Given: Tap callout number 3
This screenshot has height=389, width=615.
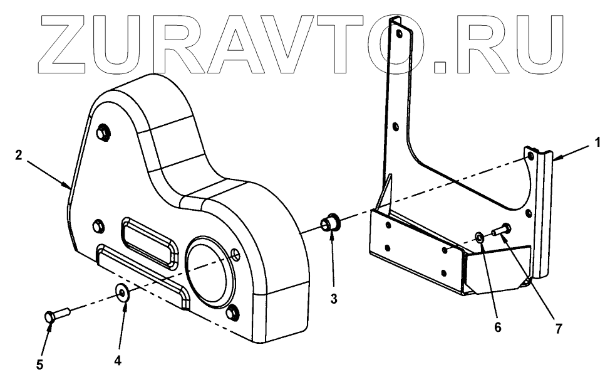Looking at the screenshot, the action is tap(334, 299).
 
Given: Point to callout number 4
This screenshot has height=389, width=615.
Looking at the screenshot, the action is tap(117, 361).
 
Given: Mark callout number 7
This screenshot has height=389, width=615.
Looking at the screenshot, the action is tap(557, 328).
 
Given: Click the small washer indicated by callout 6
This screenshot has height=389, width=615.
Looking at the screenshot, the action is tap(479, 237).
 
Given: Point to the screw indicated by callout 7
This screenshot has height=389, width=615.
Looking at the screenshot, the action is tap(501, 232).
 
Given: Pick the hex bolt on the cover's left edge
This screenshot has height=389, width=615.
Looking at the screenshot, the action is tap(97, 225).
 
